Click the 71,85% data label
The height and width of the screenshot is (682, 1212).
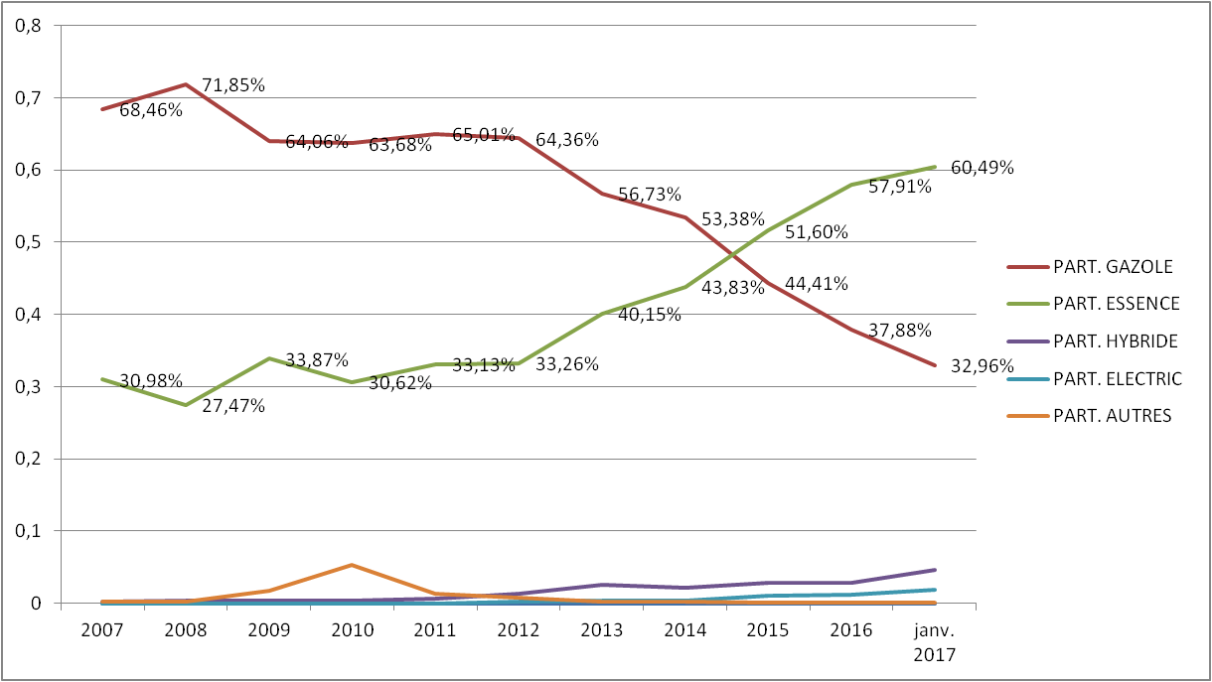coord(233,85)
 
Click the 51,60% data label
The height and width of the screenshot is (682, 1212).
coord(817,232)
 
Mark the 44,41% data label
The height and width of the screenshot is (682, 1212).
coord(817,284)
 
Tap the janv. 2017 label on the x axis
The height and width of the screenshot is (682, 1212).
coord(935,640)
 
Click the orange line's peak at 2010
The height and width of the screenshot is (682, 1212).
coord(352,565)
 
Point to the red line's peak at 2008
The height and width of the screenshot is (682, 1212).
coord(185,84)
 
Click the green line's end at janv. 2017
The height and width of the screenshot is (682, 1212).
coord(935,167)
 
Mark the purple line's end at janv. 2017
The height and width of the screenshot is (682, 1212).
coord(935,570)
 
